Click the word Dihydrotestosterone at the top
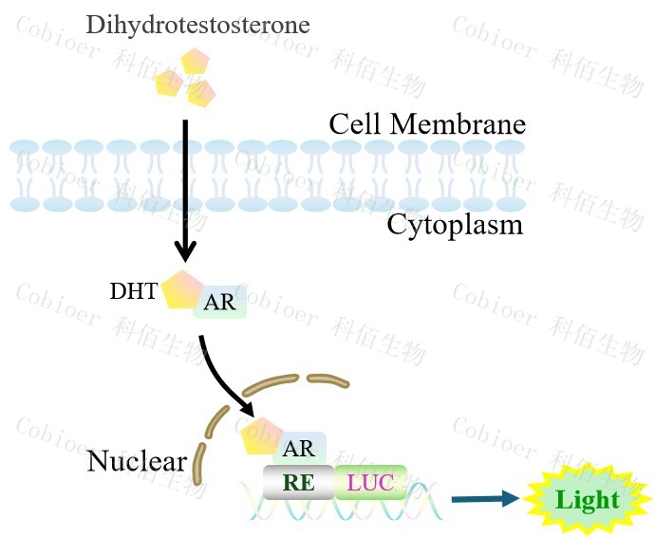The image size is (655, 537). [197, 24]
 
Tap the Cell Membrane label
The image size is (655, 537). [426, 124]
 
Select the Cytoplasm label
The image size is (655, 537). [455, 225]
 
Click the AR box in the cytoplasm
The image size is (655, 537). [220, 302]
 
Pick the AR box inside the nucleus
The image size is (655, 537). [299, 449]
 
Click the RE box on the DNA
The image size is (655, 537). [298, 482]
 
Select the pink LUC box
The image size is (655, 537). [370, 482]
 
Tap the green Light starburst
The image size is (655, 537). [587, 500]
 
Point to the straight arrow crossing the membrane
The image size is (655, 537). [186, 190]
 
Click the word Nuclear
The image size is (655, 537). [136, 462]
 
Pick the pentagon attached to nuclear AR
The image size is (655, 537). [260, 436]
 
